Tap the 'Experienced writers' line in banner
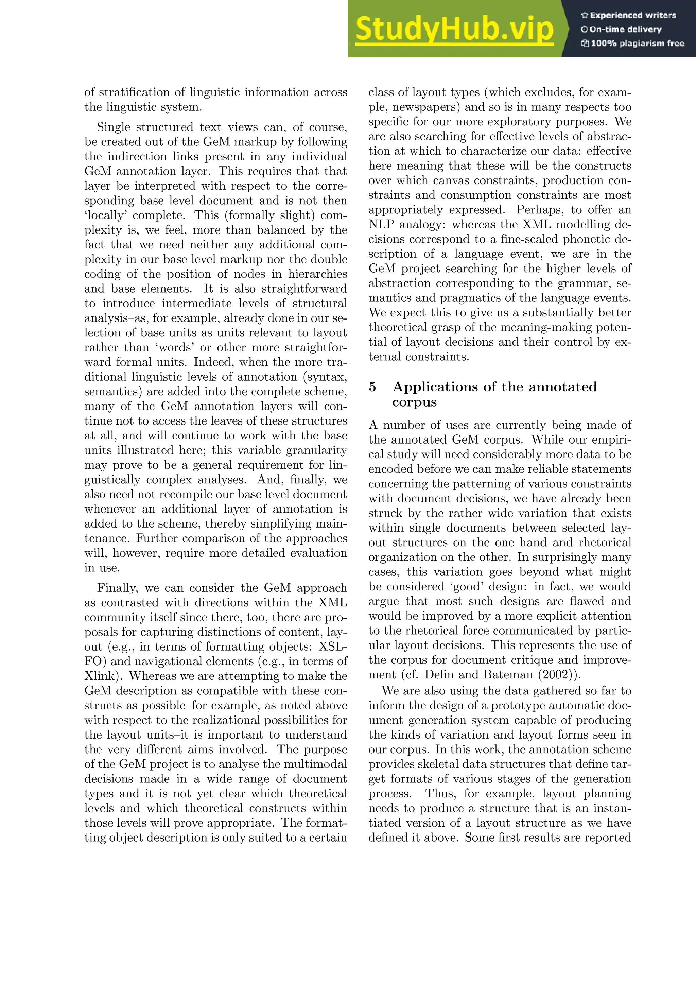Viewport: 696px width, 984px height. coord(628,15)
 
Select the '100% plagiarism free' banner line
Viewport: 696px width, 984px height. coord(632,43)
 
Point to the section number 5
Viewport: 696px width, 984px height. coord(372,387)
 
